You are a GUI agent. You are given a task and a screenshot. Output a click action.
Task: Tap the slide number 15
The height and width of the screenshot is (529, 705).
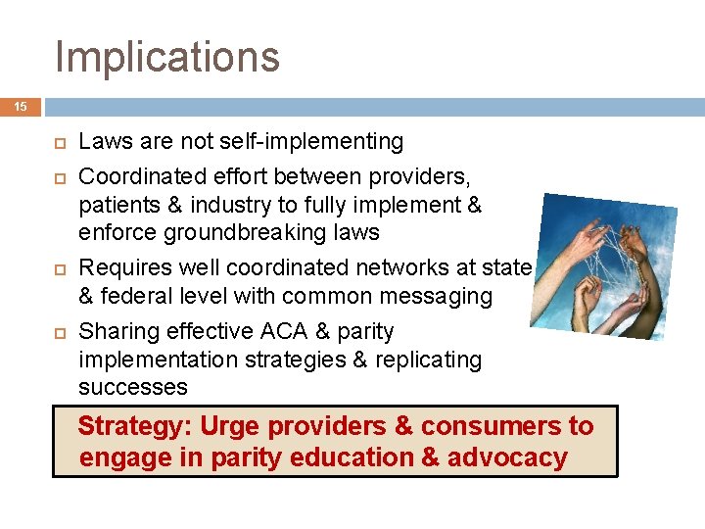[x=21, y=107]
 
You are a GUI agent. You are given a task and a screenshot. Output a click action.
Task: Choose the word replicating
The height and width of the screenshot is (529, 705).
[x=427, y=360]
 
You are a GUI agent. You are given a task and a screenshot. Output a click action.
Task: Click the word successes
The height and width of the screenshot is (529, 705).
[x=133, y=387]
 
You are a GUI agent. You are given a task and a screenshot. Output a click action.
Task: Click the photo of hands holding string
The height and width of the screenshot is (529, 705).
[x=601, y=265]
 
